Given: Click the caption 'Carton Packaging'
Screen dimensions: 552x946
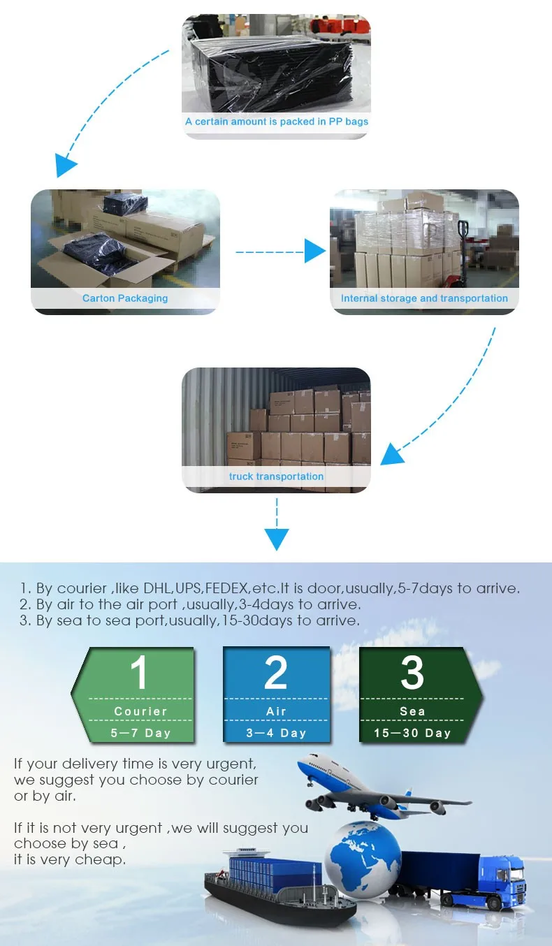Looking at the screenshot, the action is coord(125,298).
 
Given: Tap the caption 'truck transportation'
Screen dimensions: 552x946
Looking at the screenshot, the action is coord(276,476).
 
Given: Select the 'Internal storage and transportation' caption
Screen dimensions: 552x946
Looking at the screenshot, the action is coord(424,298).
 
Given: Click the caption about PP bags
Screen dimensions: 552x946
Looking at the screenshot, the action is coord(277,122).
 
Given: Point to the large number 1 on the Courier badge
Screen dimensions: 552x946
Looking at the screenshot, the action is coord(139,672).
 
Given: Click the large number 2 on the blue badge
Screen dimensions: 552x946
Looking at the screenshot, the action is coord(276,672).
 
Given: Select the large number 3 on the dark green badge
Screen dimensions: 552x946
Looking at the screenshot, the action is coord(412,672).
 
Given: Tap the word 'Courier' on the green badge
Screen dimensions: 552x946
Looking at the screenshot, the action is coord(140,711).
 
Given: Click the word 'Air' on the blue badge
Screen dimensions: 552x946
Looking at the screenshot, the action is coord(276,711).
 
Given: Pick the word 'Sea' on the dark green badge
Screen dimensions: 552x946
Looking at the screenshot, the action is coord(412,711).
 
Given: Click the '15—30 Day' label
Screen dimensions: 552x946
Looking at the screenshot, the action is coord(412,733).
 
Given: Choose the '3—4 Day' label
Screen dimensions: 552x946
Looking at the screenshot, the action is coord(276,733).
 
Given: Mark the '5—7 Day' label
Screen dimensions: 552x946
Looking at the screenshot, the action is coord(140,733).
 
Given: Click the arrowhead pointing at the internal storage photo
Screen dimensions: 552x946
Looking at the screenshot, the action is coord(314,251).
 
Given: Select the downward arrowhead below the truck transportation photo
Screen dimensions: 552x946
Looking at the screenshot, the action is coord(277,539).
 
